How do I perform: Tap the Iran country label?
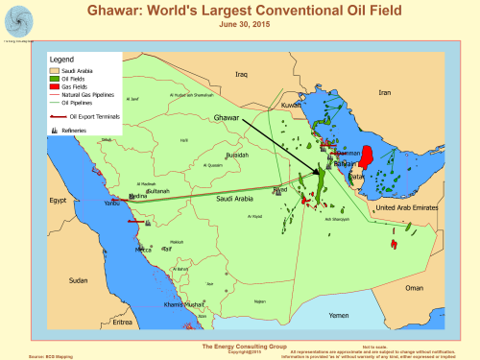[385, 93]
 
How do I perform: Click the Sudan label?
[79, 280]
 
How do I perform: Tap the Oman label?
[414, 287]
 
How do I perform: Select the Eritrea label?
[121, 322]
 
